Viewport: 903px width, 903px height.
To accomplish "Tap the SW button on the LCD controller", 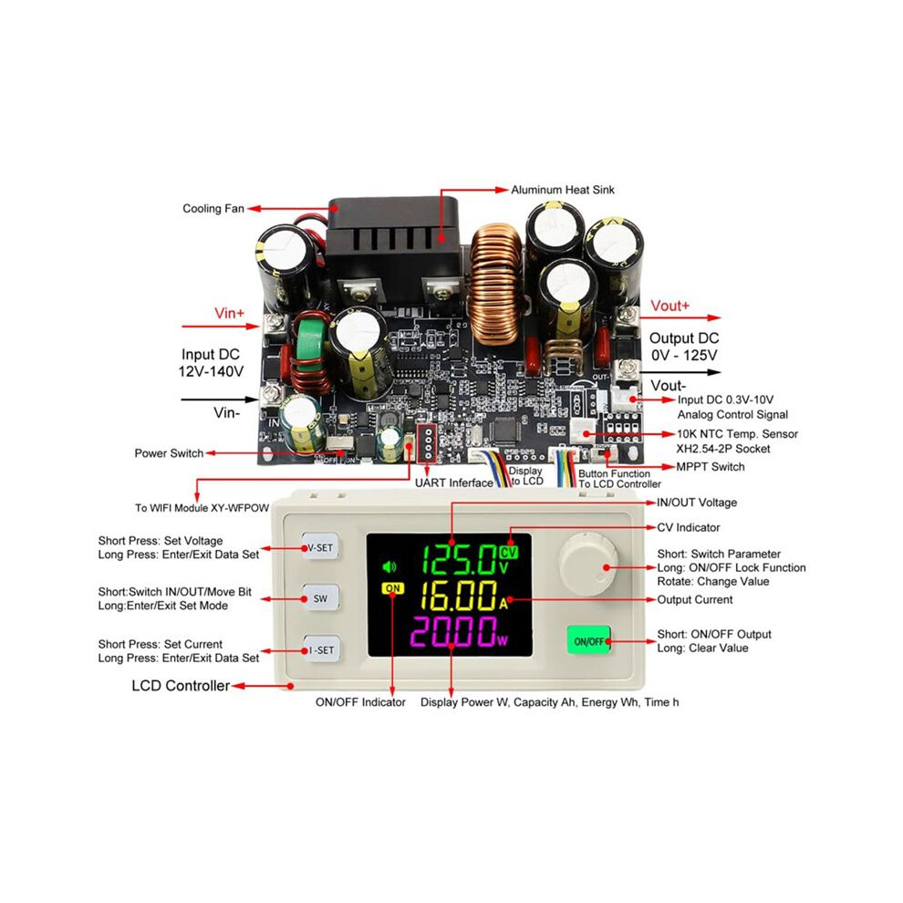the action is click(x=320, y=598).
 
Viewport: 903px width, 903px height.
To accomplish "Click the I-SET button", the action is click(x=321, y=649).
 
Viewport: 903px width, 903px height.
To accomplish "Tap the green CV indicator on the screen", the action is click(x=509, y=552).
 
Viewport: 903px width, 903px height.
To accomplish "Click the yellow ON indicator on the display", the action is click(x=393, y=588).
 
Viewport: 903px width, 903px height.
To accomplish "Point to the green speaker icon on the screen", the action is click(x=389, y=567).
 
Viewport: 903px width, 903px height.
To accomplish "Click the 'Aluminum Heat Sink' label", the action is click(x=563, y=190).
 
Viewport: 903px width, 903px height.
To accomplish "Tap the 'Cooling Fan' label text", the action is click(x=213, y=209).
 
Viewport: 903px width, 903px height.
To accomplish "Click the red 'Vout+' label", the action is click(x=669, y=306).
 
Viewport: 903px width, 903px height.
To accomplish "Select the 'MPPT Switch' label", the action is click(x=710, y=466).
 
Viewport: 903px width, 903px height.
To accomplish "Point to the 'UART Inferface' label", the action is click(x=454, y=483).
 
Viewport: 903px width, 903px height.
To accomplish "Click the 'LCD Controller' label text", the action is click(x=181, y=685).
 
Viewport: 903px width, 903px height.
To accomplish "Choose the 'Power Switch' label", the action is click(x=169, y=453).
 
